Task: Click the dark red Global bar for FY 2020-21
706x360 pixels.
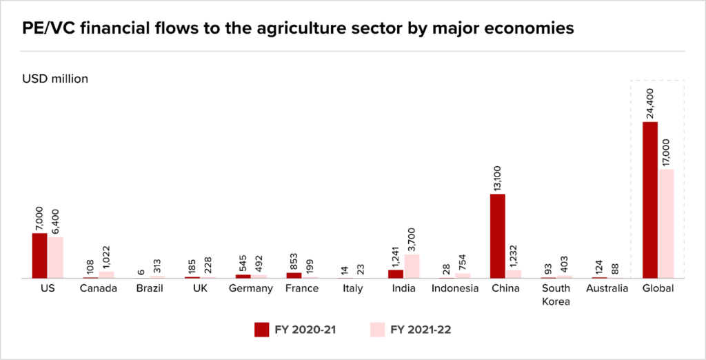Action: pyautogui.click(x=649, y=200)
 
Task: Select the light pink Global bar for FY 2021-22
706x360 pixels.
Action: pyautogui.click(x=666, y=223)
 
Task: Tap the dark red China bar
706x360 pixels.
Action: pyautogui.click(x=498, y=236)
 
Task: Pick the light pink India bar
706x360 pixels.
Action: pyautogui.click(x=411, y=266)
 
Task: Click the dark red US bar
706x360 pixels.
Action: pyautogui.click(x=39, y=255)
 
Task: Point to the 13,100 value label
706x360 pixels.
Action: pyautogui.click(x=498, y=175)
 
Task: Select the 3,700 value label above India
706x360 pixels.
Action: pyautogui.click(x=412, y=236)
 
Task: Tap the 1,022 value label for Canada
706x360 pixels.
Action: pyautogui.click(x=107, y=256)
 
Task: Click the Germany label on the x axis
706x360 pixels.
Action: pyautogui.click(x=251, y=288)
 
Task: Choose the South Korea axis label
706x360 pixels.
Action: pyautogui.click(x=556, y=294)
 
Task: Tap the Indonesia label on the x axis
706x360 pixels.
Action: pyautogui.click(x=455, y=288)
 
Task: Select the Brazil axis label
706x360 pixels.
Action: pyautogui.click(x=149, y=288)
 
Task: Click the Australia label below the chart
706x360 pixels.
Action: pyautogui.click(x=607, y=288)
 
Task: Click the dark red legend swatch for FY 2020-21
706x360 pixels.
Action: pyautogui.click(x=261, y=329)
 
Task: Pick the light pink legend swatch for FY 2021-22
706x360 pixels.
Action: pyautogui.click(x=378, y=329)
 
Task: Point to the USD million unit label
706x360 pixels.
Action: pyautogui.click(x=55, y=79)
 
